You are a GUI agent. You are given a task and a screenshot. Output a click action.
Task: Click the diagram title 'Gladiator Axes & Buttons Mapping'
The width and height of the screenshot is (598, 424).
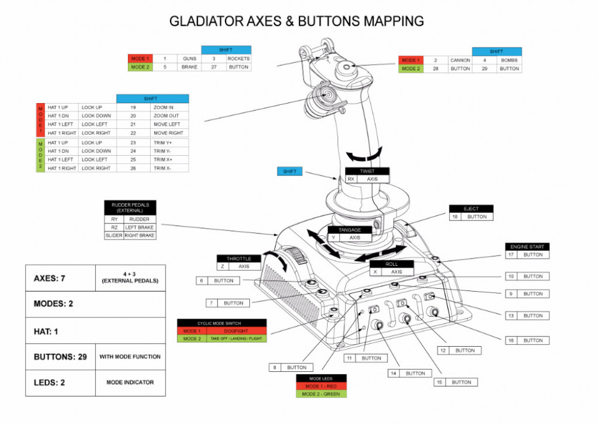pyautogui.click(x=297, y=21)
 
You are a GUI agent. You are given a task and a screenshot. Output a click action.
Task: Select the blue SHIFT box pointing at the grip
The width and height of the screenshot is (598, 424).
pyautogui.click(x=291, y=172)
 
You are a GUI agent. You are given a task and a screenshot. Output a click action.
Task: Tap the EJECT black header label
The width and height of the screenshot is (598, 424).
pyautogui.click(x=471, y=208)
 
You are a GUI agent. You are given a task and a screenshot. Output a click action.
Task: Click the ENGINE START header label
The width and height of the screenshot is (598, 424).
pyautogui.click(x=527, y=247)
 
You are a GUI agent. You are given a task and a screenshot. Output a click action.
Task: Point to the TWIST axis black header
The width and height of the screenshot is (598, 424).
pyautogui.click(x=367, y=171)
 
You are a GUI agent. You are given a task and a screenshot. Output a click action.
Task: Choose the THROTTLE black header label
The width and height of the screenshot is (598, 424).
pyautogui.click(x=239, y=259)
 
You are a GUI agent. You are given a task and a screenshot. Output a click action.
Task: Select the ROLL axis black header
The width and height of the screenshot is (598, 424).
pyautogui.click(x=392, y=264)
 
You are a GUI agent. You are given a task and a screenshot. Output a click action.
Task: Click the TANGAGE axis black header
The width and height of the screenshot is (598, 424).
pyautogui.click(x=350, y=230)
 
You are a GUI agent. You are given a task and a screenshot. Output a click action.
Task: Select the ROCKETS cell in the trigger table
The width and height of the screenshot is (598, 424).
pyautogui.click(x=238, y=59)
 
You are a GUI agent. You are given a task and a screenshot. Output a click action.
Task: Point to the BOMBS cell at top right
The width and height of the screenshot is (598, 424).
pyautogui.click(x=509, y=60)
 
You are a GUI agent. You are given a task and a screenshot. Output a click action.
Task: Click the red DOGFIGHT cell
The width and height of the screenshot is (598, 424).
pyautogui.click(x=237, y=331)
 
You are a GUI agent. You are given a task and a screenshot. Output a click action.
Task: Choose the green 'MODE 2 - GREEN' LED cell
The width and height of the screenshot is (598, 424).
pyautogui.click(x=321, y=394)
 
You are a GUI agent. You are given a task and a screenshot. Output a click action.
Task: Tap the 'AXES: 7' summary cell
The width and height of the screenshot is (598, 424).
pyautogui.click(x=60, y=278)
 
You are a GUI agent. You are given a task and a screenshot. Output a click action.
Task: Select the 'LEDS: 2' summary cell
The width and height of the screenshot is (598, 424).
pyautogui.click(x=60, y=382)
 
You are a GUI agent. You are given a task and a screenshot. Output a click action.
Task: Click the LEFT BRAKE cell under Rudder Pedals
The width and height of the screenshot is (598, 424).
pyautogui.click(x=139, y=228)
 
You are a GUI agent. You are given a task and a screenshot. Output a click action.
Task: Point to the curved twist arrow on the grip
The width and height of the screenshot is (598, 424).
pyautogui.click(x=365, y=155)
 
